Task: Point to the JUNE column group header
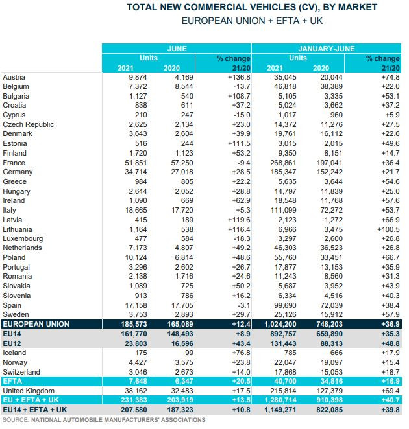tap(177, 49)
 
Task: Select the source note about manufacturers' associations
tap(104, 421)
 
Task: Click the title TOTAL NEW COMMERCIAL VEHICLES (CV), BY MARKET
tap(252, 7)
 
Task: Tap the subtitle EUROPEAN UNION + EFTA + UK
tap(252, 21)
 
